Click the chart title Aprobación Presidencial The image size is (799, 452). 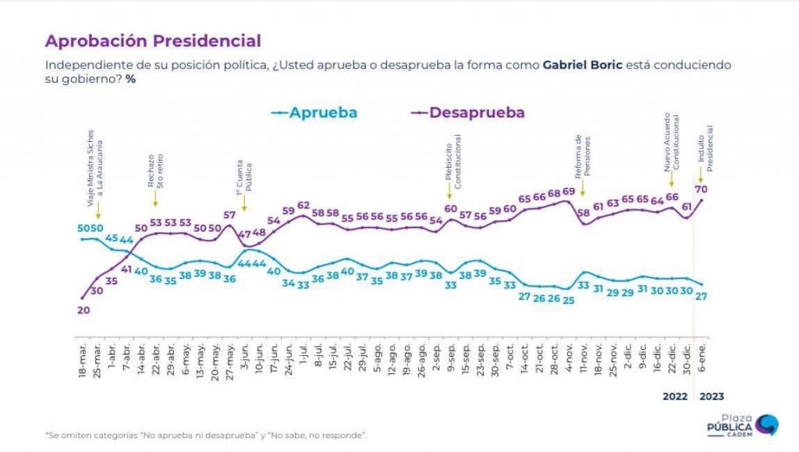[x=153, y=41]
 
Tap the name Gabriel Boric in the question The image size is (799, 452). [x=582, y=65]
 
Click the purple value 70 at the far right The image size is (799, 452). [x=701, y=188]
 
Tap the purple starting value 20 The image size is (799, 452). [x=83, y=310]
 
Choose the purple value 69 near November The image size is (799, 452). [x=569, y=192]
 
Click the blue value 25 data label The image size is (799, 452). [x=569, y=300]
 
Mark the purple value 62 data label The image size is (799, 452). [x=304, y=205]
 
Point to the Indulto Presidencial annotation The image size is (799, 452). [x=705, y=148]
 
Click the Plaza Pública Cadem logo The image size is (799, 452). [x=740, y=425]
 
